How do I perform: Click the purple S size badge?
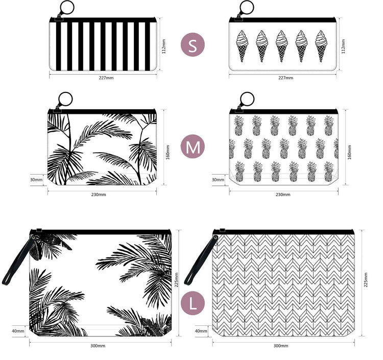193,45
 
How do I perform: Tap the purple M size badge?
193,146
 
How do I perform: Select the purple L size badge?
193,303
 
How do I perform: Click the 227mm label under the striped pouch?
106,78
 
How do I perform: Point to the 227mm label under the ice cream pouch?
285,78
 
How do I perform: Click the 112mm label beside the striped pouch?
163,46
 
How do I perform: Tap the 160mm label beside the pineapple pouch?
349,152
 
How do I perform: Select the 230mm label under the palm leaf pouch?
99,195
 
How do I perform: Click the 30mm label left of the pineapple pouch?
218,180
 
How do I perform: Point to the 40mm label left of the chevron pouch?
201,331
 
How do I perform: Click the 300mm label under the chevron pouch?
281,346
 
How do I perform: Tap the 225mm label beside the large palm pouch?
176,280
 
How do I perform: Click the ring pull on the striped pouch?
66,8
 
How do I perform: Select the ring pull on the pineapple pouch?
247,100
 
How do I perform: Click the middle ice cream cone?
281,46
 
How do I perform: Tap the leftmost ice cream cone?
242,46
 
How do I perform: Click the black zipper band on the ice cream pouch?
282,20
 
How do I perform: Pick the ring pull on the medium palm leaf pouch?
65,100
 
